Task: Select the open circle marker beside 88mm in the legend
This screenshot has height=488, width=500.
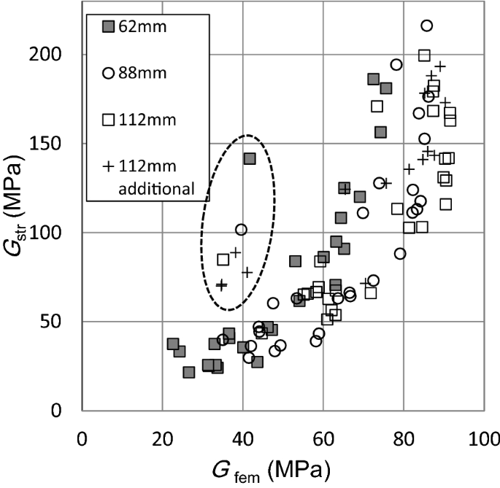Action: pos(107,73)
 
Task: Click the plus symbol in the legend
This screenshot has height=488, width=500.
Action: pos(108,166)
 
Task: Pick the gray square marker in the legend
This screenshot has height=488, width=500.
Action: pos(107,27)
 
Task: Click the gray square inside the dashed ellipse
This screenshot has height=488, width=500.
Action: pos(249,158)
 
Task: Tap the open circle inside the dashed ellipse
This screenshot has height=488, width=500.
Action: pos(241,229)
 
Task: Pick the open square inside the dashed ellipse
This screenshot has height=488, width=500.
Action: pos(223,259)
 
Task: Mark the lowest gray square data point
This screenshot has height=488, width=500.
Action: pos(189,372)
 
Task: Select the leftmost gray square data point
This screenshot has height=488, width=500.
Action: pos(173,344)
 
